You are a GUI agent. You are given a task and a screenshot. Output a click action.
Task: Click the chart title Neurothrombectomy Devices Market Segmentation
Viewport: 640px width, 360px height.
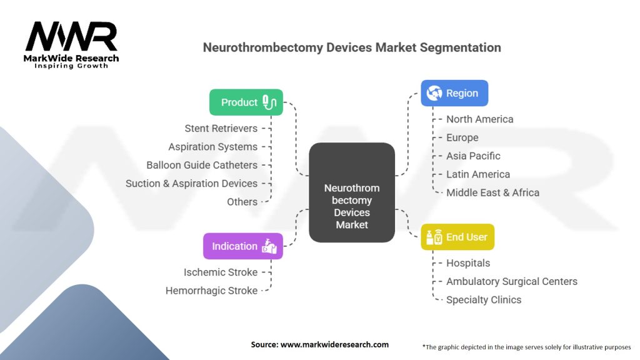(x=352, y=47)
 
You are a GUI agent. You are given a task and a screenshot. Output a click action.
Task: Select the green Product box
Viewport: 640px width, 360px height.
(x=246, y=102)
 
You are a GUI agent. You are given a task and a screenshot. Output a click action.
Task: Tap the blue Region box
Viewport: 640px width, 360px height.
(x=454, y=93)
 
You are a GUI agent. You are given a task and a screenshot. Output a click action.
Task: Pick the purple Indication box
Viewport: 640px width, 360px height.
(x=242, y=246)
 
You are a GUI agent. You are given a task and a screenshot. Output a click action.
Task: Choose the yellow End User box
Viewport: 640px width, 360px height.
(x=457, y=237)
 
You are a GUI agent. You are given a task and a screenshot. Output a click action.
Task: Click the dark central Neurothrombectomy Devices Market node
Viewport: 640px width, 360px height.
(x=352, y=192)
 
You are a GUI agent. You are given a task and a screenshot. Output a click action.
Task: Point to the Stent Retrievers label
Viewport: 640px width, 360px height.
(x=221, y=128)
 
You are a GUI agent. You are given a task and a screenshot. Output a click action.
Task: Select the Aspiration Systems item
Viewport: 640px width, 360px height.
(x=212, y=147)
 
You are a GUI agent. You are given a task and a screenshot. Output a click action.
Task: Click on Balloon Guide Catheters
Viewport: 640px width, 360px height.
(x=202, y=165)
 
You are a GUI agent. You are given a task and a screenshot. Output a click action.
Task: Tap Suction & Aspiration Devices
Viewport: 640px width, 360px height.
(x=191, y=184)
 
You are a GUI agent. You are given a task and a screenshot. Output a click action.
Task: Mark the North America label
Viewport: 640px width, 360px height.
(x=479, y=119)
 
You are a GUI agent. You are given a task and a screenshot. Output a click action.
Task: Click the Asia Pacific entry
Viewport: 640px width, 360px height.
(x=473, y=156)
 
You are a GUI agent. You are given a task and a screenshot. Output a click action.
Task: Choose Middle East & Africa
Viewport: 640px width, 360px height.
(x=492, y=192)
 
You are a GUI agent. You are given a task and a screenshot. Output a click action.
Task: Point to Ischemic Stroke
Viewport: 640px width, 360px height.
(x=220, y=272)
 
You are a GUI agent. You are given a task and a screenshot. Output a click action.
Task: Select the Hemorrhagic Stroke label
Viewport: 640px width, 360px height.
(x=211, y=291)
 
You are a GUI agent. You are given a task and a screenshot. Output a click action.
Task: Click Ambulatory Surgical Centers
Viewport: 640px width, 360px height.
(x=511, y=281)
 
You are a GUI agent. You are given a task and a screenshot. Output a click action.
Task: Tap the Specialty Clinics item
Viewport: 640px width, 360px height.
(x=483, y=300)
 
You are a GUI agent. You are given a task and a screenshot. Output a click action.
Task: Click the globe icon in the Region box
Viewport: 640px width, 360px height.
(x=434, y=93)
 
